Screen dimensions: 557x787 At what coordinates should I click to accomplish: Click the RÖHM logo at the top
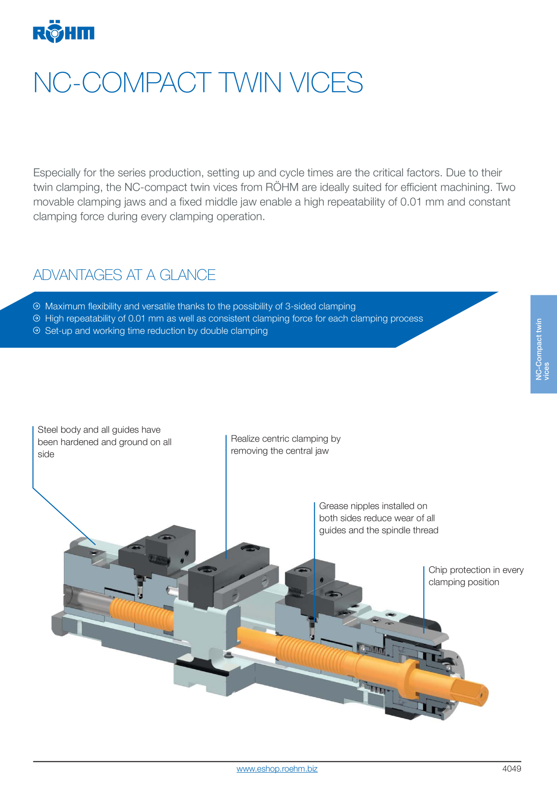(63, 31)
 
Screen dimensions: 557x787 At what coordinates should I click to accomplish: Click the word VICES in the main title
(326, 83)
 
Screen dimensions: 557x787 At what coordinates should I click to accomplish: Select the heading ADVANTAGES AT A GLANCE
(124, 275)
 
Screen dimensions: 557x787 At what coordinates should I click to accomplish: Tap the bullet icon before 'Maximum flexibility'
(37, 306)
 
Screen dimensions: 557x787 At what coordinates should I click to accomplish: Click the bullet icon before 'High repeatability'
(37, 318)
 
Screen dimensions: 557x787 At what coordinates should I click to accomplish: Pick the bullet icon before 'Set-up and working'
(37, 331)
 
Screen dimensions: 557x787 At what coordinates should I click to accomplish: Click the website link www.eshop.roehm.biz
(277, 769)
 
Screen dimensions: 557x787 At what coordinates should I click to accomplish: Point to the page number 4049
(512, 769)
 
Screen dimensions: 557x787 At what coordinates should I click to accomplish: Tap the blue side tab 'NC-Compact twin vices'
(544, 344)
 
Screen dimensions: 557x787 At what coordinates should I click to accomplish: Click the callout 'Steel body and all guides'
(105, 442)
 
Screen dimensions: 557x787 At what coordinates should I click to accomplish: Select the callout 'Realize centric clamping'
(286, 445)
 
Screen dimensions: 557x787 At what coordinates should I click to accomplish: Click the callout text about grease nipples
(379, 518)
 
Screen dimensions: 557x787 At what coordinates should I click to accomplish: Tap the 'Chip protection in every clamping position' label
(476, 576)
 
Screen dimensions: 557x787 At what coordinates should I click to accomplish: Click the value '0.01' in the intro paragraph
(411, 202)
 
